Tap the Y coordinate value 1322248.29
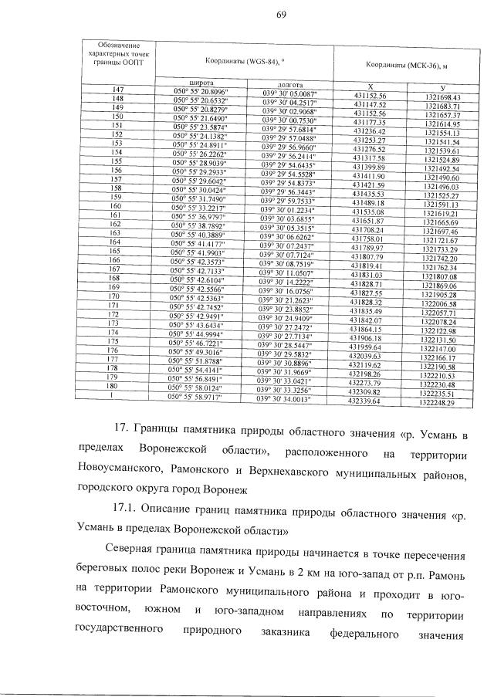tap(438, 402)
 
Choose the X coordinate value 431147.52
tap(370, 104)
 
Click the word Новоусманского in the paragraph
tap(121, 470)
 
